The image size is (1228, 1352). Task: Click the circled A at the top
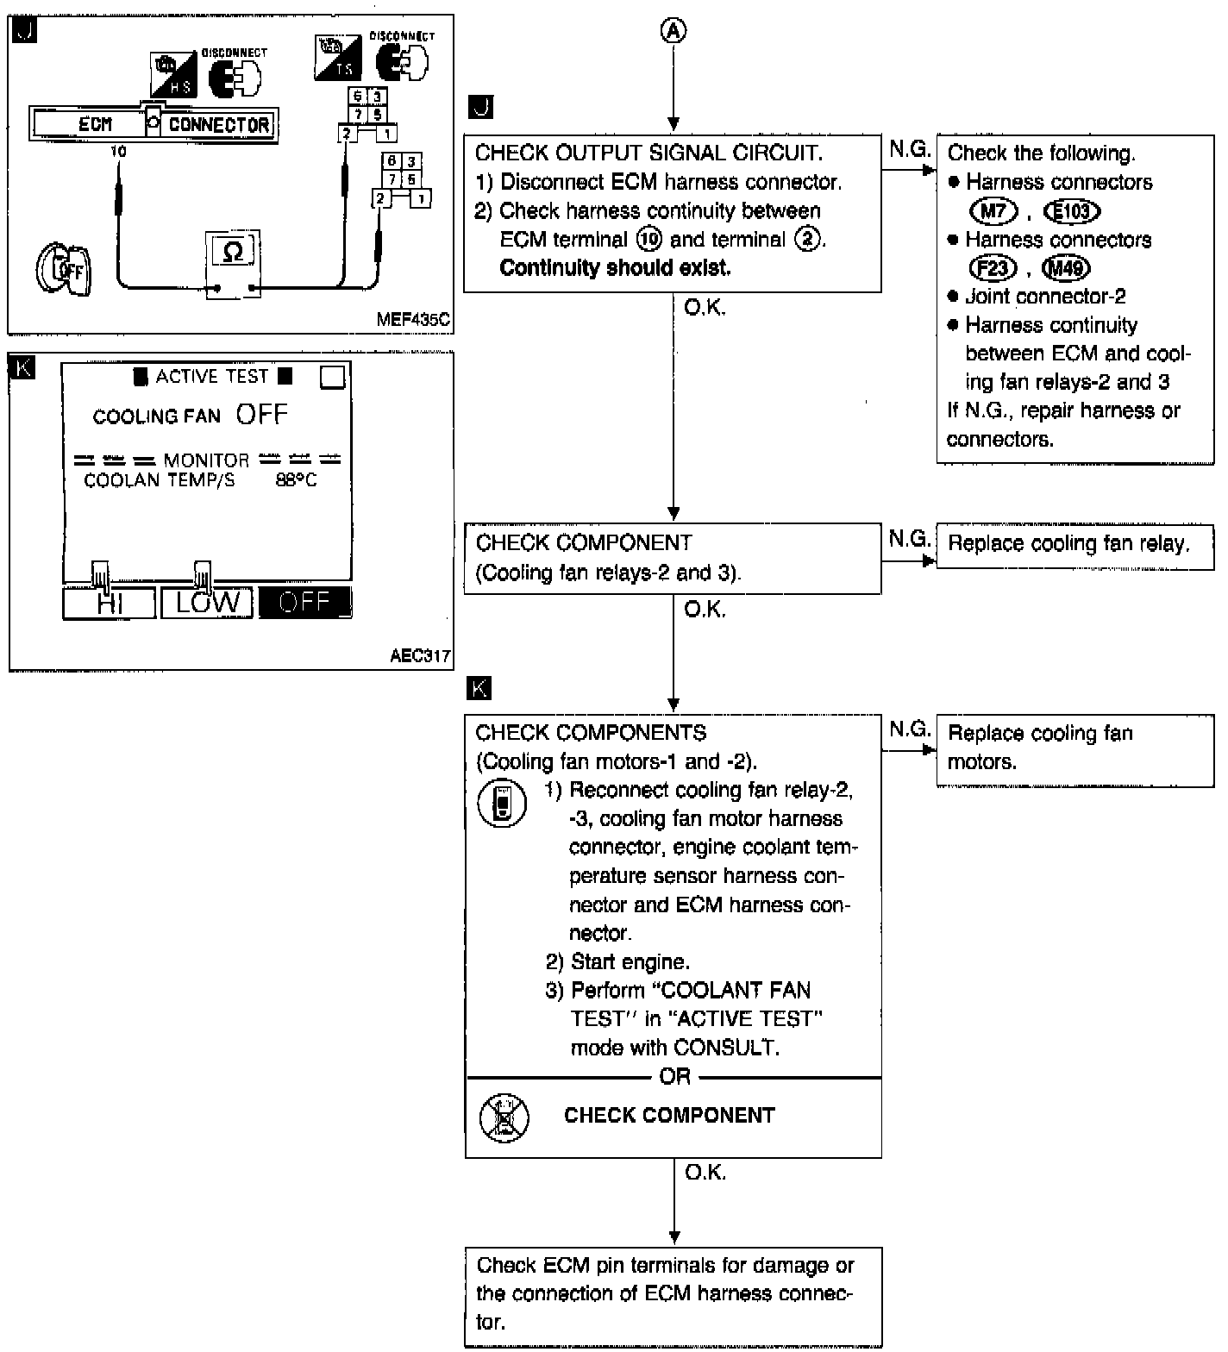pyautogui.click(x=674, y=31)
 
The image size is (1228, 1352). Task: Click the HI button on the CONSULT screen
pyautogui.click(x=110, y=603)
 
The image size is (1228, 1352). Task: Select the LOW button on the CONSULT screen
pyautogui.click(x=207, y=603)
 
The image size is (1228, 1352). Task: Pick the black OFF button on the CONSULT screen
pyautogui.click(x=305, y=603)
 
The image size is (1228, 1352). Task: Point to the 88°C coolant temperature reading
pyautogui.click(x=296, y=480)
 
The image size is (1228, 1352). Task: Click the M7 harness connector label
pyautogui.click(x=993, y=211)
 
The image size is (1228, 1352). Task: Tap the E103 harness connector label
pyautogui.click(x=1072, y=211)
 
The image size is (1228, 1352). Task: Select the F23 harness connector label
pyautogui.click(x=993, y=268)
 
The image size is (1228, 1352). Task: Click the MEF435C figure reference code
pyautogui.click(x=412, y=320)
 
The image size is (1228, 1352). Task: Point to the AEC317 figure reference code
pyautogui.click(x=420, y=656)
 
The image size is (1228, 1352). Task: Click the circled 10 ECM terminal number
pyautogui.click(x=648, y=240)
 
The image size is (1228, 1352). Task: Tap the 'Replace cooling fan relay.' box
pyautogui.click(x=1074, y=544)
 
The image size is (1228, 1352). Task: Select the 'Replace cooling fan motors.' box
pyautogui.click(x=1074, y=748)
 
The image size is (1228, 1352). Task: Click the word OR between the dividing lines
pyautogui.click(x=674, y=1077)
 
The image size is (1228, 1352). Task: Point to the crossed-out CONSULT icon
pyautogui.click(x=504, y=1117)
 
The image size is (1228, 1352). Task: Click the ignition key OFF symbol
pyautogui.click(x=64, y=270)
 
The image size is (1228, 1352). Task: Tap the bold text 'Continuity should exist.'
pyautogui.click(x=615, y=268)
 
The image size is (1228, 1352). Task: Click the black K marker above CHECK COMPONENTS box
pyautogui.click(x=479, y=688)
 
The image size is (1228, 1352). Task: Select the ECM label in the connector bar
pyautogui.click(x=95, y=125)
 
